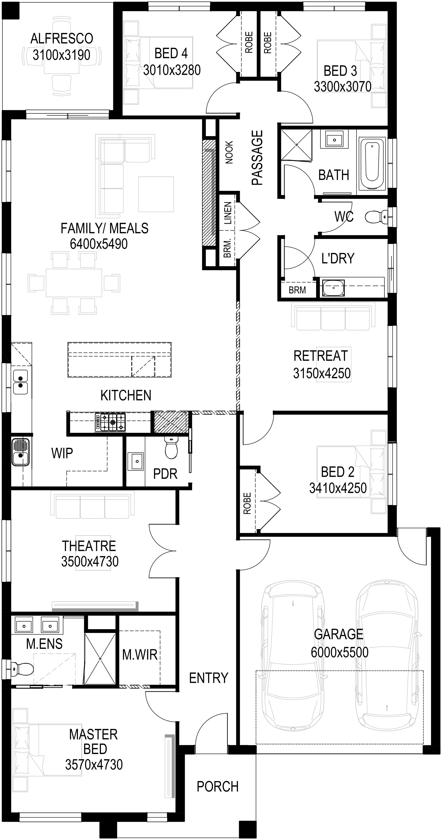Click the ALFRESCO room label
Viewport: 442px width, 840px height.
tap(62, 39)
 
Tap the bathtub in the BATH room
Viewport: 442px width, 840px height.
tap(372, 164)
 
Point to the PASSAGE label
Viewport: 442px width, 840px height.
tap(257, 158)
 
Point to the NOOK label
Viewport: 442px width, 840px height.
tap(229, 152)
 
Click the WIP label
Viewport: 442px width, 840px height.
tap(62, 453)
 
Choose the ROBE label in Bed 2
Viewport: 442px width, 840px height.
tap(247, 503)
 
